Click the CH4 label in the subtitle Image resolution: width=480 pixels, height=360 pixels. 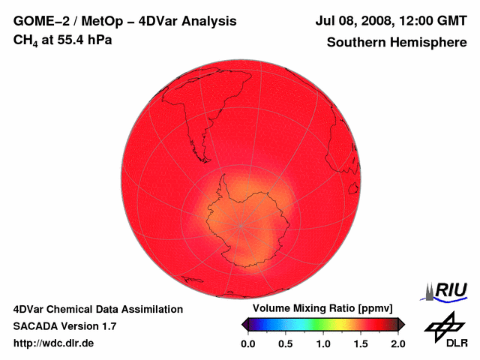pos(25,40)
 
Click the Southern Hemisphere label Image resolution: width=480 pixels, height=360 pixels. pos(396,43)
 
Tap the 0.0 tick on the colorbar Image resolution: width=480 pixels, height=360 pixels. pos(248,343)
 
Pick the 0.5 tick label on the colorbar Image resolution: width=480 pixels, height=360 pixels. pos(286,343)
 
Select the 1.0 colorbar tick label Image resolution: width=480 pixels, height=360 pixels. pos(323,343)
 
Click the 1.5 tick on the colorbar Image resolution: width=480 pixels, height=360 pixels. pos(361,343)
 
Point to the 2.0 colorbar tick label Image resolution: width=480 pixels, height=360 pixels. pos(397,343)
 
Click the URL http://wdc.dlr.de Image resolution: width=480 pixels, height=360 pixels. pos(54,343)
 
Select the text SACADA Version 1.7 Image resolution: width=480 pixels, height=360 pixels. pos(64,326)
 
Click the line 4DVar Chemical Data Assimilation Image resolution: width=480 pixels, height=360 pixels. pos(97,309)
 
